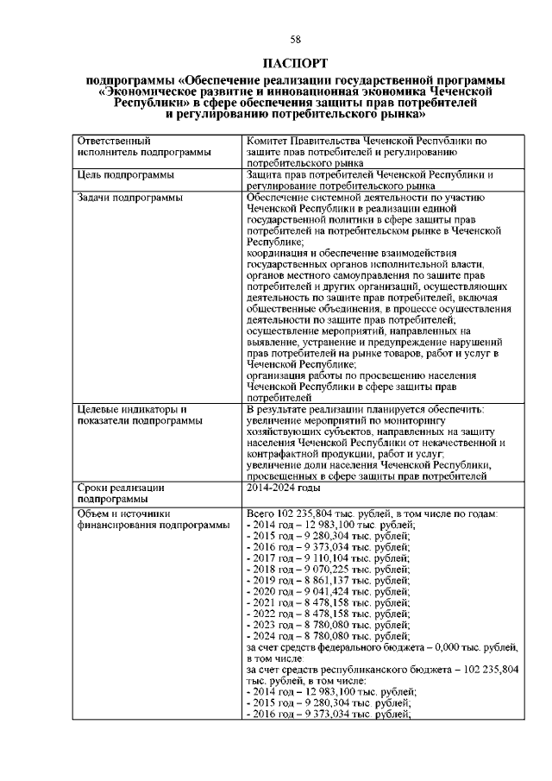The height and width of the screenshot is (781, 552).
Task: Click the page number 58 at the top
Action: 295,40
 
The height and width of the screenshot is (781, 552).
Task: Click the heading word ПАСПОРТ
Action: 295,65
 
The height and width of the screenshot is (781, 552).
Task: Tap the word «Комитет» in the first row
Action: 269,140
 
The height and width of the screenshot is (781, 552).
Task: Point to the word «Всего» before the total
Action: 261,513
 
